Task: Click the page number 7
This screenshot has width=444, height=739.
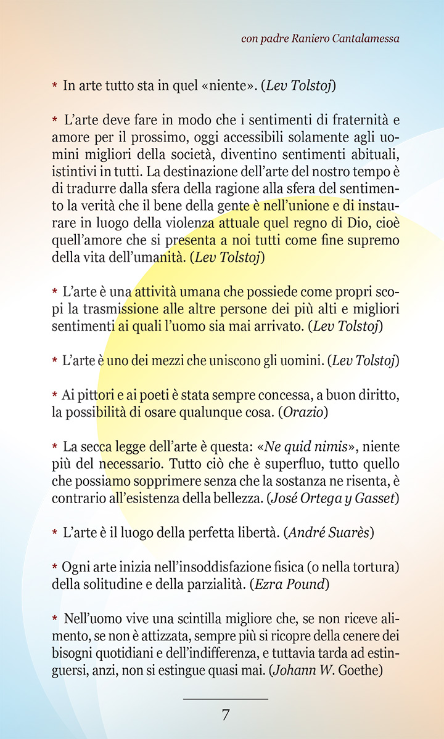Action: pos(226,715)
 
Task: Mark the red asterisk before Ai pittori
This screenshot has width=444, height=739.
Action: pos(55,394)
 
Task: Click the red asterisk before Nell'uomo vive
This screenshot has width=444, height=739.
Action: pos(55,618)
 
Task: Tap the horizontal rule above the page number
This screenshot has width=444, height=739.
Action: pos(226,699)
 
